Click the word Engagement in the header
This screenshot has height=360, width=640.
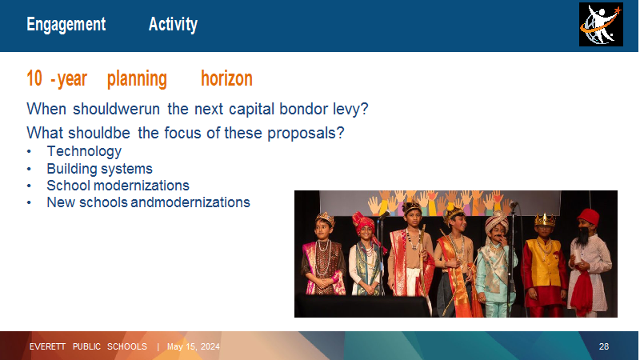point(66,25)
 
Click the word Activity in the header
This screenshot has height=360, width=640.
point(173,24)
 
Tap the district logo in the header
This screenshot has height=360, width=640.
point(601,25)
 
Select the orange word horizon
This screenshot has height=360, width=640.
point(226,78)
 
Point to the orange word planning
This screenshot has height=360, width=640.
point(137,79)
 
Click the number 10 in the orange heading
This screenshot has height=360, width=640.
point(34,78)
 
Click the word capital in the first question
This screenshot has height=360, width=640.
point(252,110)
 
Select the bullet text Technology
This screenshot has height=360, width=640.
point(84,151)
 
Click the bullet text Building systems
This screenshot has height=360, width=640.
point(99,169)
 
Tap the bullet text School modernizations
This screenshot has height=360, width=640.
point(118,186)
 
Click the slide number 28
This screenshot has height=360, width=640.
point(604,346)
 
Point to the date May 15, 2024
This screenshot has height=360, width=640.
point(194,346)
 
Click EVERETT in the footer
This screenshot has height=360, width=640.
point(47,346)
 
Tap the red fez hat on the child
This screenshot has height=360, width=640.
point(589,216)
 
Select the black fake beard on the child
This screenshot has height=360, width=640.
point(584,236)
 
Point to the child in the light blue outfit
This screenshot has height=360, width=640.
point(496,266)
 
